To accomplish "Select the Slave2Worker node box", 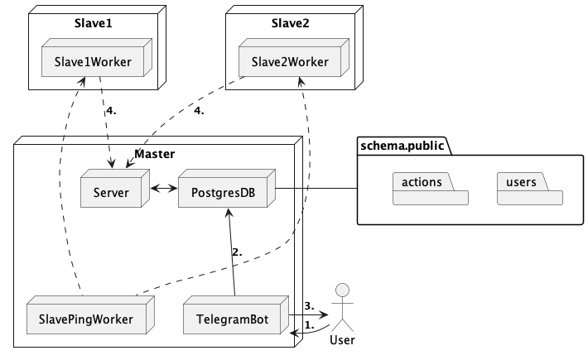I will (x=289, y=61).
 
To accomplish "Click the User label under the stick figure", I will (x=343, y=340).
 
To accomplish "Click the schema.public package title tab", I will (x=402, y=146).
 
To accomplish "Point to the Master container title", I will (x=154, y=154).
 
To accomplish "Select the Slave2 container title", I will (x=289, y=22).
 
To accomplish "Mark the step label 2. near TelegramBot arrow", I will (x=237, y=252).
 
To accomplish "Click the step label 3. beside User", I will (x=308, y=305).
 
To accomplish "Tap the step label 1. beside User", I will (x=310, y=325).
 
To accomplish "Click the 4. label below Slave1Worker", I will (x=112, y=111).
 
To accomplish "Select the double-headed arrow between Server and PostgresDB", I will (x=162, y=189).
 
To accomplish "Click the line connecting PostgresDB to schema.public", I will (x=316, y=189).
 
